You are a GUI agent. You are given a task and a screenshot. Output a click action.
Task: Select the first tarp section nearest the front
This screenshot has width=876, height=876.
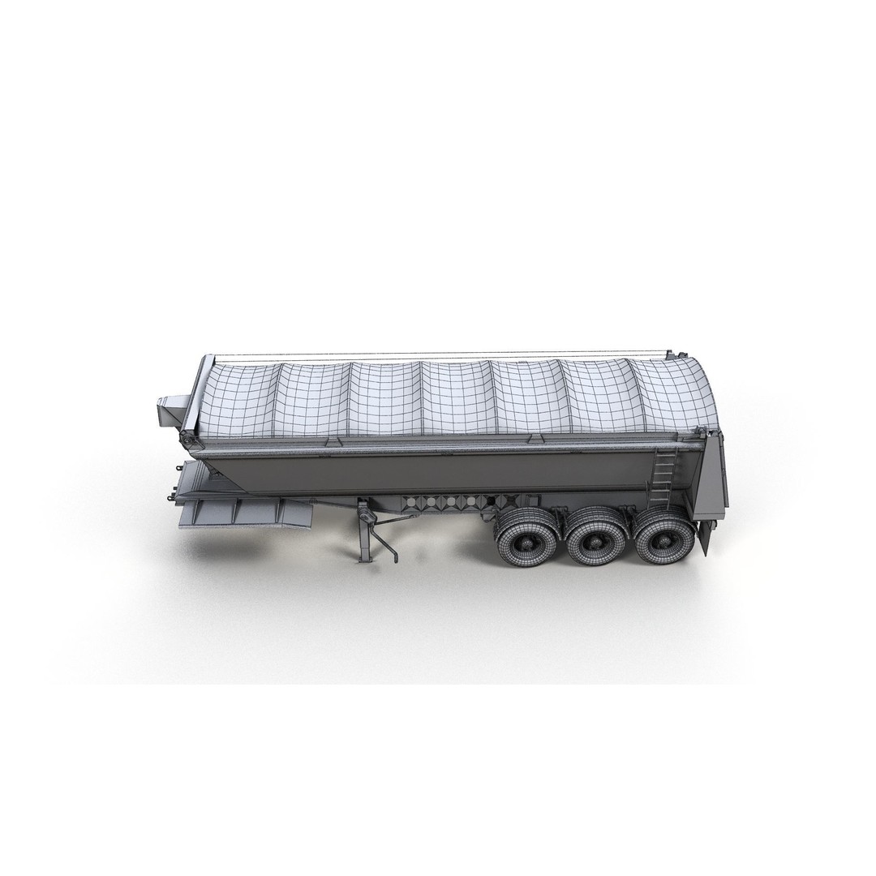click(239, 399)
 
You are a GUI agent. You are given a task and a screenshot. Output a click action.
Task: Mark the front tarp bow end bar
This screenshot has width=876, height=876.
click(195, 397)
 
